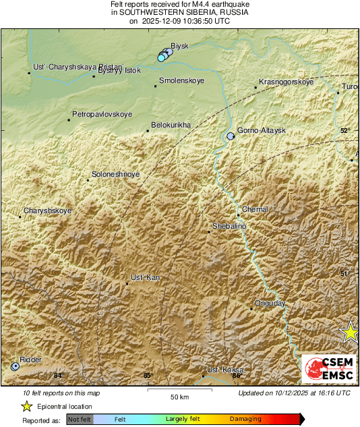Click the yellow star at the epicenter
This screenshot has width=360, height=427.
point(350,331)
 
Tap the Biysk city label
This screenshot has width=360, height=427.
point(179,46)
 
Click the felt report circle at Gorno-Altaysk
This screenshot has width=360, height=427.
point(231,136)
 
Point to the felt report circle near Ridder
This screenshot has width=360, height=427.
point(15,366)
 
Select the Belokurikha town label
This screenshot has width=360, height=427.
point(171,125)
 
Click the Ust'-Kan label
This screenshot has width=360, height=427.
point(145,278)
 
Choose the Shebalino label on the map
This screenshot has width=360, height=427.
point(229,226)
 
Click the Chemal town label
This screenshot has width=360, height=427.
point(255,210)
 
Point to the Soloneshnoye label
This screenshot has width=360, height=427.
point(116,175)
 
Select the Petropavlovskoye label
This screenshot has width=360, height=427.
point(102,115)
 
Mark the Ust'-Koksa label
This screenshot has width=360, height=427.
point(224,370)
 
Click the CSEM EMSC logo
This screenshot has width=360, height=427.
point(329,370)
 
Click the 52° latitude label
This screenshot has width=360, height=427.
point(345,131)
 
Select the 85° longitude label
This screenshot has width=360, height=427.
point(148,376)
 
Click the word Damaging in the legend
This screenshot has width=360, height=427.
point(245,419)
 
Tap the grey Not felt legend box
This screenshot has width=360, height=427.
point(80,419)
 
